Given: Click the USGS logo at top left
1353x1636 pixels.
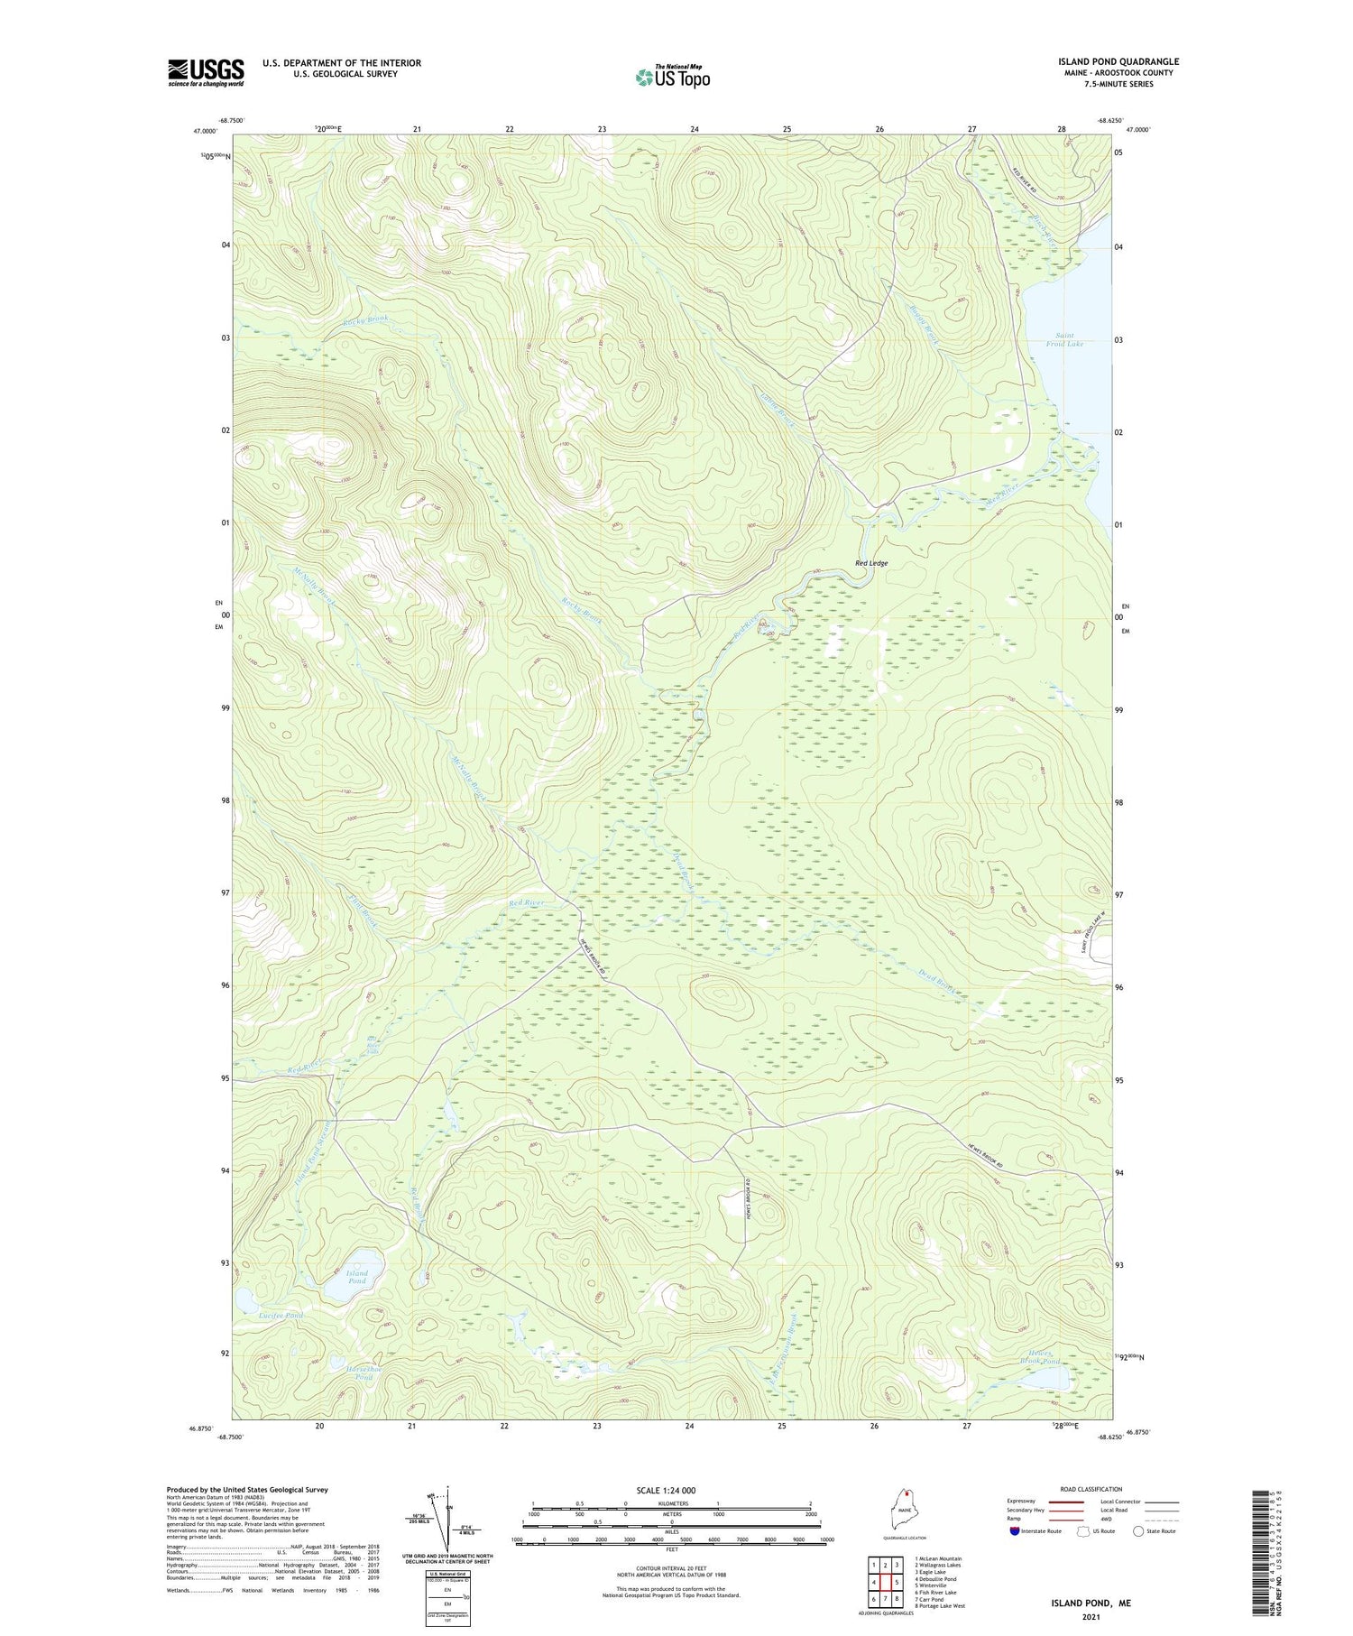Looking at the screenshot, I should click(206, 72).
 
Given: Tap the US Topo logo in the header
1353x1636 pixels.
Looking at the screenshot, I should click(672, 78).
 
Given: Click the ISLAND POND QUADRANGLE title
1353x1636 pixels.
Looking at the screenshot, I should click(1118, 61).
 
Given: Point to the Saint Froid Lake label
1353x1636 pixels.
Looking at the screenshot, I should click(1063, 339).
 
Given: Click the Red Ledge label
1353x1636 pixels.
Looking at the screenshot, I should click(870, 563).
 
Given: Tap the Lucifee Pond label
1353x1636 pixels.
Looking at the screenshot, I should click(280, 1316).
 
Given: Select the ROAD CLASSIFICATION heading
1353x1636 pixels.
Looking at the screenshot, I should click(1091, 1489).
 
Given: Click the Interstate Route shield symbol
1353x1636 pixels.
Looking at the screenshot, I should click(1014, 1530).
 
